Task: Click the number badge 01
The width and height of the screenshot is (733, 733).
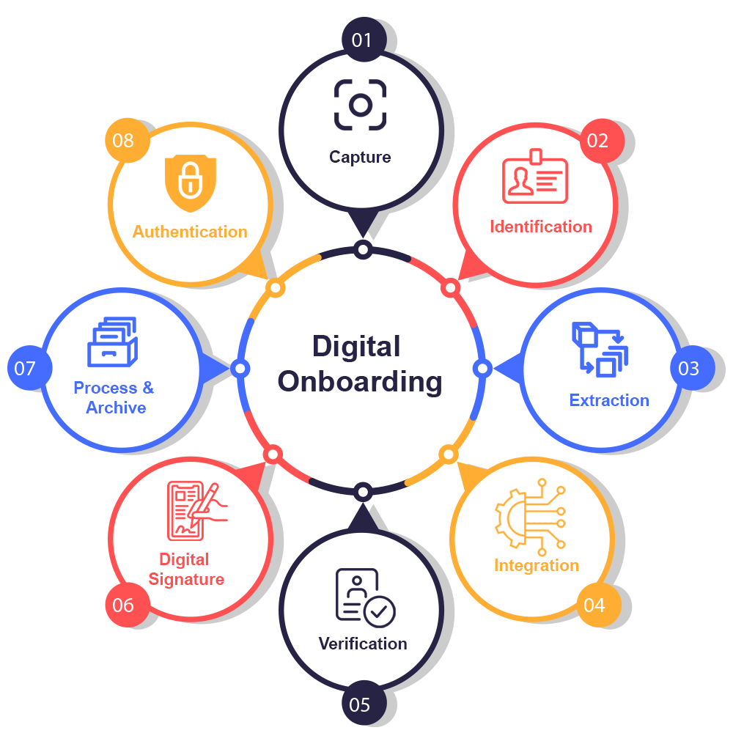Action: (362, 40)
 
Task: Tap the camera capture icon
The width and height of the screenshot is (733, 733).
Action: (360, 105)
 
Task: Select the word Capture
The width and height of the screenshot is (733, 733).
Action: (360, 157)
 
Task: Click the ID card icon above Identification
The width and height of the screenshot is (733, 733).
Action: (534, 178)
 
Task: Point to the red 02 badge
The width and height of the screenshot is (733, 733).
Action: (598, 141)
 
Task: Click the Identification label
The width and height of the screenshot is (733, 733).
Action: (540, 226)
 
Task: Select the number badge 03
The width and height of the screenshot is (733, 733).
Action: (689, 369)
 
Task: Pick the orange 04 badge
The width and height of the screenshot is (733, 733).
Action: (595, 605)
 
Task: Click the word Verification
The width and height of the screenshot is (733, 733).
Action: (362, 644)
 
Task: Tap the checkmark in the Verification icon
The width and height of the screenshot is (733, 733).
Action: (380, 611)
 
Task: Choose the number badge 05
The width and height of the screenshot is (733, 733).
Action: (360, 705)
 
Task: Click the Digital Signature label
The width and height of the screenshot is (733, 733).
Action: (185, 570)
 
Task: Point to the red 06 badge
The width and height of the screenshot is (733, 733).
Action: (124, 605)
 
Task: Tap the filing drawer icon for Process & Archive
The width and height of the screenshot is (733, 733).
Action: (112, 342)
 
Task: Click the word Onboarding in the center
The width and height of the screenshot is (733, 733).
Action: (360, 382)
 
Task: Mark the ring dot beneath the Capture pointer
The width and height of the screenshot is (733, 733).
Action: (362, 250)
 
